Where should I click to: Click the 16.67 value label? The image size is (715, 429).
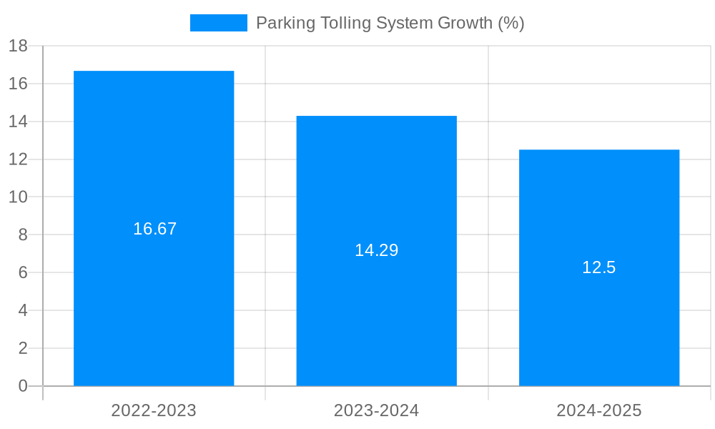pos(154,229)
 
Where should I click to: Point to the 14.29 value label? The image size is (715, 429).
pos(377,250)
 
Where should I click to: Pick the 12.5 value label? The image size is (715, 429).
pos(599,267)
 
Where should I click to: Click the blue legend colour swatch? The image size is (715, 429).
pos(219,23)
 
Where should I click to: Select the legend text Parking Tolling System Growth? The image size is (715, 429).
pos(390,23)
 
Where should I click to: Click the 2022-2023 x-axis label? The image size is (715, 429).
pos(154,410)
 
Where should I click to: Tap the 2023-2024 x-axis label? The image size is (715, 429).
pos(377,410)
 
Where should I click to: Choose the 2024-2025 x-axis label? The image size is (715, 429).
pos(599,410)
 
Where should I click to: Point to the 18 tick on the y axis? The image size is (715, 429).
pos(18,46)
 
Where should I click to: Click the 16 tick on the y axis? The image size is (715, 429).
pos(18,84)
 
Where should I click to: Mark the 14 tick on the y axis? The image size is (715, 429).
pos(18,122)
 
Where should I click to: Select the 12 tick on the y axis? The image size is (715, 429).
pos(18,159)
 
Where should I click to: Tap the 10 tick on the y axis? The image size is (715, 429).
pos(18,197)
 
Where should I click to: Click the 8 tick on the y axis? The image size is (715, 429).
pos(23,235)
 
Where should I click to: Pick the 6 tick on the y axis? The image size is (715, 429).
pos(23,273)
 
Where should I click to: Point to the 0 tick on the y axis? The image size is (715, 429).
pos(23,386)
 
